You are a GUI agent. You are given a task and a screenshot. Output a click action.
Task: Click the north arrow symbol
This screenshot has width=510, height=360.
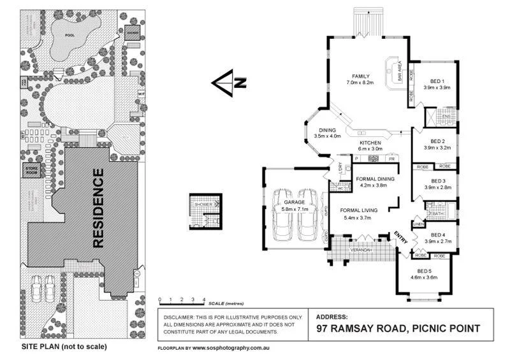pos(228,83)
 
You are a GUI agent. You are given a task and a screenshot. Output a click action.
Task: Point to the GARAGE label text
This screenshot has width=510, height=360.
pos(295,203)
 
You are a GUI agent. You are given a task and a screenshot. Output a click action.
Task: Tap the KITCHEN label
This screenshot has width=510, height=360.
pos(370,142)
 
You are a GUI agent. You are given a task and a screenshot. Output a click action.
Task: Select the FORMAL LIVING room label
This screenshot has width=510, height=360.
pos(358,210)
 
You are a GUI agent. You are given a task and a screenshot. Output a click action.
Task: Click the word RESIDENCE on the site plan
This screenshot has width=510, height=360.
pos(98,208)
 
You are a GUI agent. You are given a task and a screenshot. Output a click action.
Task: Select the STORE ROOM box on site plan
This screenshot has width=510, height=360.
pos(33,170)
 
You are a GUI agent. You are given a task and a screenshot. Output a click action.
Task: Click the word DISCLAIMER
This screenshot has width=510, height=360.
pos(180,317)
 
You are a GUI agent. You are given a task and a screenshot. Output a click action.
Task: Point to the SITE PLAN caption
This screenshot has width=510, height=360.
pos(64,347)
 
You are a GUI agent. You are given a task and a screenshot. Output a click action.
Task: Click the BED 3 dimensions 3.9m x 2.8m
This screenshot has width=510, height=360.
pos(437,188)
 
